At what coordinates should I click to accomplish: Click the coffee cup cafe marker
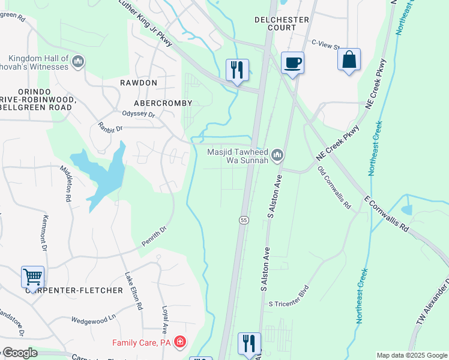(x=292, y=62)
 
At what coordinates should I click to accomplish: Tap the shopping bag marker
(x=349, y=59)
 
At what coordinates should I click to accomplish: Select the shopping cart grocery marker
(x=32, y=277)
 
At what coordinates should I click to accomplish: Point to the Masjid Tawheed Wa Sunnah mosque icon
(x=277, y=156)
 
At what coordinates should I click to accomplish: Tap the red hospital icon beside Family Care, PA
(x=179, y=342)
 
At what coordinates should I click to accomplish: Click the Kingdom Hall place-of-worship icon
(x=78, y=61)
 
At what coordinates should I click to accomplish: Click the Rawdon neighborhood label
(x=138, y=82)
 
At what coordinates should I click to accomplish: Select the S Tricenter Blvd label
(x=292, y=304)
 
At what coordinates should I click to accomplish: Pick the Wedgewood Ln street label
(x=93, y=317)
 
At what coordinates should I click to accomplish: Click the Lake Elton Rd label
(x=133, y=291)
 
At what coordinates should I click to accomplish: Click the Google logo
(x=19, y=353)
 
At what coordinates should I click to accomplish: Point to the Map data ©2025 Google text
(x=411, y=355)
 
